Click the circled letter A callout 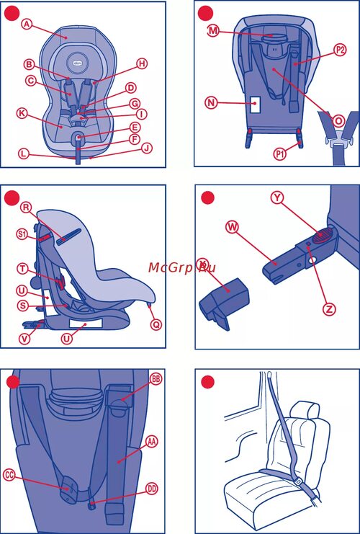point(27,24)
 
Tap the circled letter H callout point(143,63)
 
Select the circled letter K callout point(22,113)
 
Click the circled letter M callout point(213,31)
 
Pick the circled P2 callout point(340,50)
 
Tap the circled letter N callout point(212,103)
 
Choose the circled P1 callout point(279,154)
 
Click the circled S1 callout point(22,235)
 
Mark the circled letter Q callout point(156,325)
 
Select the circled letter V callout point(24,339)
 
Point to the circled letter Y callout point(278,198)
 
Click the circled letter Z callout point(329,309)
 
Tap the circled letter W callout point(233,228)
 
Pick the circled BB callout point(156,380)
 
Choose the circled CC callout point(10,475)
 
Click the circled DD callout point(152,489)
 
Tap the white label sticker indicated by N point(255,104)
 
